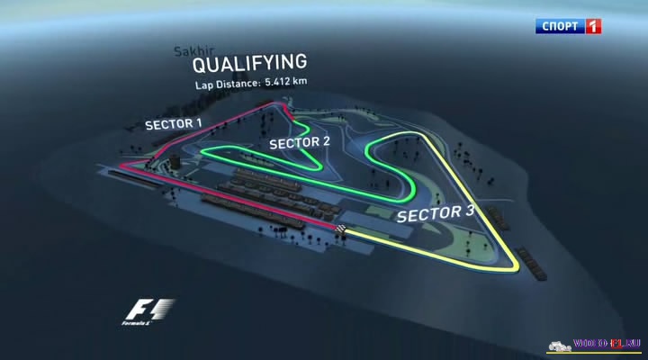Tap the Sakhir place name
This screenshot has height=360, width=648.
[191, 51]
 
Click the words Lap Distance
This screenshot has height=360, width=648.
[228, 85]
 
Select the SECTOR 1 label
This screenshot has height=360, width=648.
[174, 123]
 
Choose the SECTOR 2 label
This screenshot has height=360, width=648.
[300, 142]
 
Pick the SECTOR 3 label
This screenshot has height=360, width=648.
[436, 213]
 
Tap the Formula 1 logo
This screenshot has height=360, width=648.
[148, 310]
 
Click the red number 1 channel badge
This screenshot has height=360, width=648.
[592, 26]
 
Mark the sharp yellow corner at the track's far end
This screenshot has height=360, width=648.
[516, 267]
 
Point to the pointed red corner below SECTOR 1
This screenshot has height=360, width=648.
[124, 167]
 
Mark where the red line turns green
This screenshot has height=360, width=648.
[293, 112]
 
